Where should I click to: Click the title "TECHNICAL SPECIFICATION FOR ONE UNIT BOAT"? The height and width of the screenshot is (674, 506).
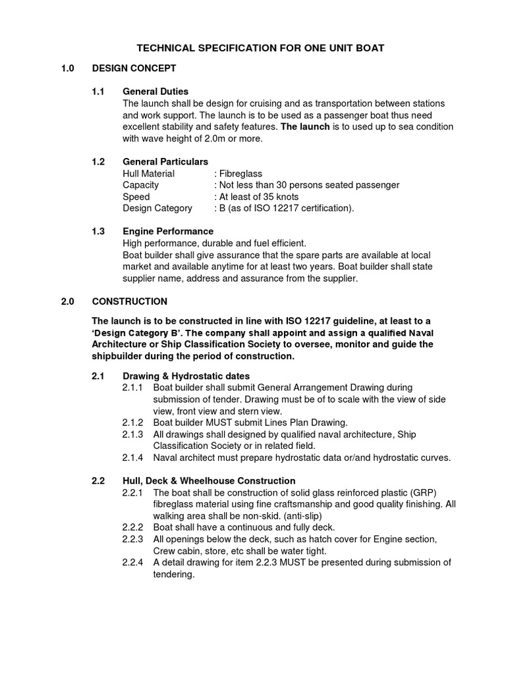click(x=260, y=48)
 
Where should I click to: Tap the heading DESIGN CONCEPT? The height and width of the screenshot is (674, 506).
click(x=134, y=68)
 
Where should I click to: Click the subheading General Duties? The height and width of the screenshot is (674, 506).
click(x=155, y=91)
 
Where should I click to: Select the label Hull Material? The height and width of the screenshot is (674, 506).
click(x=149, y=174)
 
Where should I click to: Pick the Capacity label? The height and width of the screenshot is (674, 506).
click(x=140, y=186)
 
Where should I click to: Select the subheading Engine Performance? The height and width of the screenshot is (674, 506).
click(x=168, y=232)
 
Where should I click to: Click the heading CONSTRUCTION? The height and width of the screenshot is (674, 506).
click(x=130, y=301)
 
